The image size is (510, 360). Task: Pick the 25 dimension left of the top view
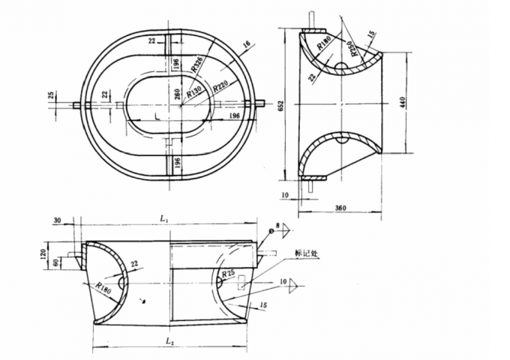50,95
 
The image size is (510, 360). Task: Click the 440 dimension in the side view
403,103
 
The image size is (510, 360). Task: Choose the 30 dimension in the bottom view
58,220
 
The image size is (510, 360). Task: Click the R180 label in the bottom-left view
104,289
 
